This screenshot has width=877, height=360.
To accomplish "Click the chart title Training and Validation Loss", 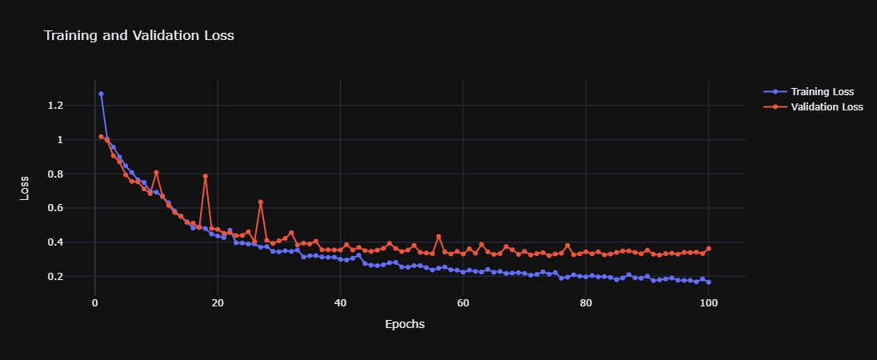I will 138,36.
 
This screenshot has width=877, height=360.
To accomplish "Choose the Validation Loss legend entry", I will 827,107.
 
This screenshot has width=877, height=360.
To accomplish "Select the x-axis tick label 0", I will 94,303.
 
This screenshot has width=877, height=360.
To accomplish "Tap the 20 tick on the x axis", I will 218,303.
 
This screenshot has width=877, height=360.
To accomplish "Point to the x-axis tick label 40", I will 340,303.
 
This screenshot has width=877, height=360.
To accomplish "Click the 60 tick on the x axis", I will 463,303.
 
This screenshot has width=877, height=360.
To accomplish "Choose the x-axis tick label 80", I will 586,303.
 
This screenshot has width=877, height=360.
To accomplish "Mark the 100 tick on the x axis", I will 708,303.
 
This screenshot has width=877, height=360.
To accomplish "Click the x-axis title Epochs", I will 405,324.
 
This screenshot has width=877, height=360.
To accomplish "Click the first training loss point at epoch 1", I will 101,94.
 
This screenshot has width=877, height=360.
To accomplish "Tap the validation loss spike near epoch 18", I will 205,176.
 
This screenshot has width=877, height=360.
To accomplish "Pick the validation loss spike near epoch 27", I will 260,202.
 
